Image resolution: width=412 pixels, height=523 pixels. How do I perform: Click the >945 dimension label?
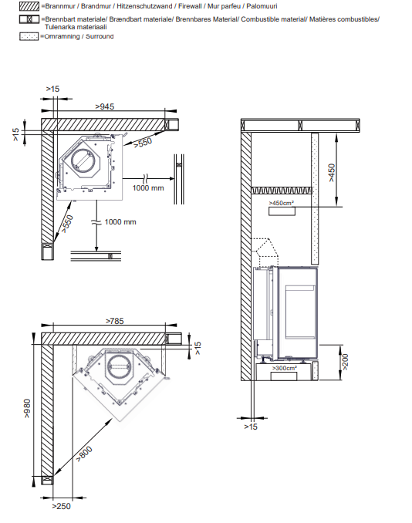click(x=105, y=106)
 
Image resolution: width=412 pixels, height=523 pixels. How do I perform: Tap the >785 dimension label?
click(x=115, y=321)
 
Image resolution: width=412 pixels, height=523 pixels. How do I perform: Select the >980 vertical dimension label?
click(x=27, y=408)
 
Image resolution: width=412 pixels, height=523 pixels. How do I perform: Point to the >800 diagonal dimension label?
click(x=84, y=454)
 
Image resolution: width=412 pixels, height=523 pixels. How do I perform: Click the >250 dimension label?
click(x=62, y=506)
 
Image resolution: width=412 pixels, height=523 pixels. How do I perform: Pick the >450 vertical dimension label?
click(x=331, y=173)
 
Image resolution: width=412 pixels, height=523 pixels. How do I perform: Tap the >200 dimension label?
click(x=346, y=362)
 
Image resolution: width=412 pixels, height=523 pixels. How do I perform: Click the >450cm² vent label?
click(x=282, y=203)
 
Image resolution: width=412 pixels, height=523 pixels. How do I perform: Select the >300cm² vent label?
click(x=285, y=368)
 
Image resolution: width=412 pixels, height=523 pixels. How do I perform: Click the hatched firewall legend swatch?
click(x=29, y=6)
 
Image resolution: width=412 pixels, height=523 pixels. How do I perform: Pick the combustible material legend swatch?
click(x=29, y=19)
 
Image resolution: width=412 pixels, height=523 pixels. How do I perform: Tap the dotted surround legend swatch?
click(x=29, y=36)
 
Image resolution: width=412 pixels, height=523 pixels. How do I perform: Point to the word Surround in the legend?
click(x=100, y=36)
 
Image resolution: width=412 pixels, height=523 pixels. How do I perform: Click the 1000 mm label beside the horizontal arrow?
click(x=148, y=188)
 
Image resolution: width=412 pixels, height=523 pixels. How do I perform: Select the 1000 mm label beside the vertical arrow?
click(x=120, y=222)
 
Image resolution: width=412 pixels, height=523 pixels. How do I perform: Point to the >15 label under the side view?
click(x=251, y=427)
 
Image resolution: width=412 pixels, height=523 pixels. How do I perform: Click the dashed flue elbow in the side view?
click(x=265, y=251)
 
